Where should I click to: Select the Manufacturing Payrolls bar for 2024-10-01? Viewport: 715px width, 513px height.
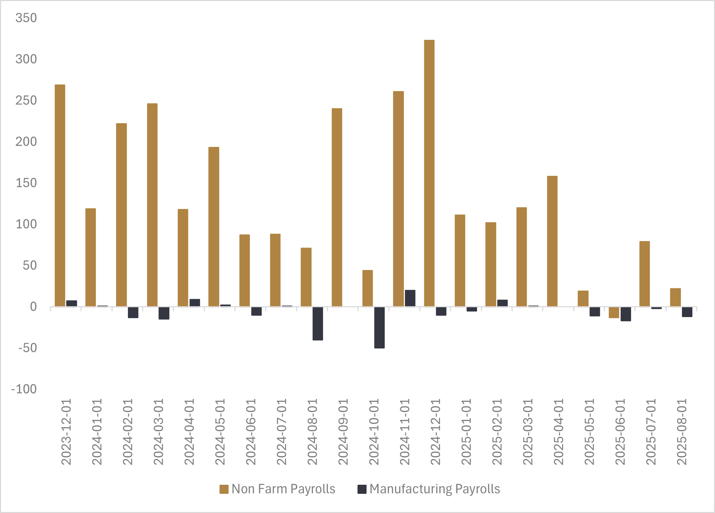tap(379, 327)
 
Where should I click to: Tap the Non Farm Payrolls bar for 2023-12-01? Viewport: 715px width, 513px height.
tap(60, 196)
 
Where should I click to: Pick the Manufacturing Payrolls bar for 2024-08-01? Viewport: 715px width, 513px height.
tap(318, 323)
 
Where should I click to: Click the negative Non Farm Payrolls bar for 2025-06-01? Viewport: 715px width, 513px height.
tap(614, 312)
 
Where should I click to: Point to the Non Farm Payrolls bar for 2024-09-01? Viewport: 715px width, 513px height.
tap(337, 208)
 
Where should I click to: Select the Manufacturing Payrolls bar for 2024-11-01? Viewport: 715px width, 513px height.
tap(410, 298)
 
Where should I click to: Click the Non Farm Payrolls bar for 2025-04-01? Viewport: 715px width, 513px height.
tap(552, 241)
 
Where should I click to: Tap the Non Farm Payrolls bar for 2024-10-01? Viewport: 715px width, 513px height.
tap(368, 288)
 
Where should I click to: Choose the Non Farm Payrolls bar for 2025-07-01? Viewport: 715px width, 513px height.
tap(645, 274)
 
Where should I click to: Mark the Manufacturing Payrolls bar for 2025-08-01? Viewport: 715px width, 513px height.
tap(687, 312)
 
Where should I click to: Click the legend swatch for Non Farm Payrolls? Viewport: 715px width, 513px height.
tap(224, 489)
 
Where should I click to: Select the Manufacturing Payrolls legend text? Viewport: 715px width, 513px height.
tap(435, 489)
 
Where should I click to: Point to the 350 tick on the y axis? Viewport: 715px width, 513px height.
tap(26, 18)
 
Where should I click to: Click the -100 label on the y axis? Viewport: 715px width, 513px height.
tap(24, 389)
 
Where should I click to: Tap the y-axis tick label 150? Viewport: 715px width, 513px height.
tap(26, 183)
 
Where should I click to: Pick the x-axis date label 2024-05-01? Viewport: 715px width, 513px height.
tap(220, 432)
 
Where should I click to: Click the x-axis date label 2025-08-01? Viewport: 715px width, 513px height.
tap(682, 432)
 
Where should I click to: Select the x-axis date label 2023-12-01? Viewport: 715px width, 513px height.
tap(66, 432)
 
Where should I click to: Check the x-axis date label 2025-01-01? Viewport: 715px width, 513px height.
tap(466, 432)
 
